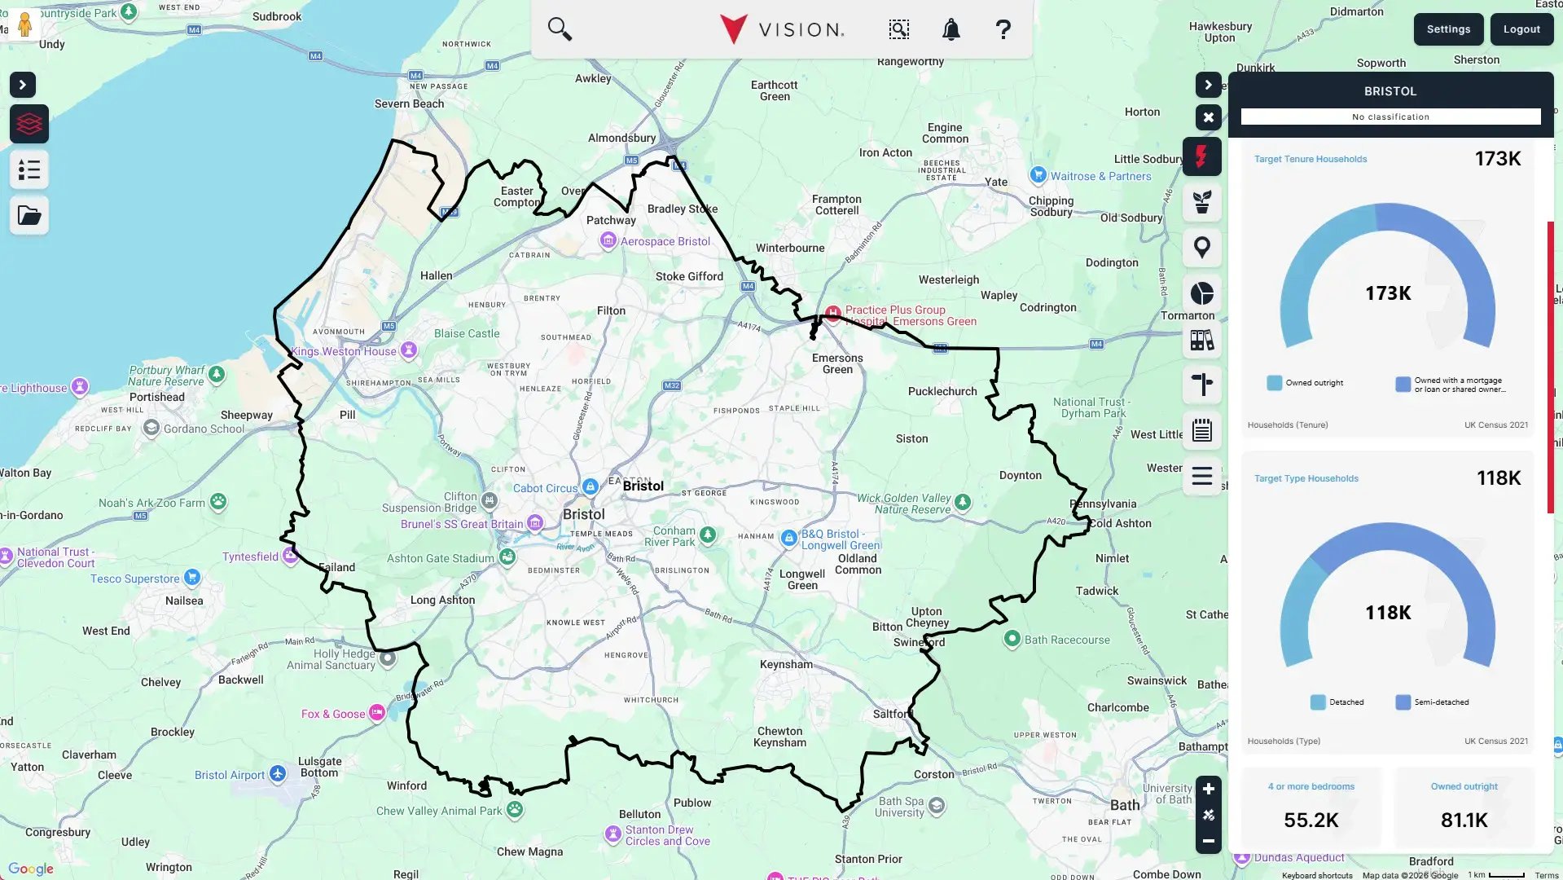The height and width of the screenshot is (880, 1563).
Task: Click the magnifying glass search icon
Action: (560, 29)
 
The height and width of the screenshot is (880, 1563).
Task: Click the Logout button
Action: (1521, 29)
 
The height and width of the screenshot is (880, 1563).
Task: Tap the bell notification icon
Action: (951, 30)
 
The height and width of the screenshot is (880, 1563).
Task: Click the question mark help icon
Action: (1003, 30)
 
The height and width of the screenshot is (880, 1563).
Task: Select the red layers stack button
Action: (29, 124)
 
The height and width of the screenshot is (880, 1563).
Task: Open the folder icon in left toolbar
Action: (29, 216)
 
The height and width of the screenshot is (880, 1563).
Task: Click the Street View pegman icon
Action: (24, 24)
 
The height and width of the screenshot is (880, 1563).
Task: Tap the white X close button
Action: (1208, 117)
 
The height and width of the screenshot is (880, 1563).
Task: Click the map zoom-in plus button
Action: (1208, 789)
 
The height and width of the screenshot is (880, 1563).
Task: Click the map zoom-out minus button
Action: (1208, 841)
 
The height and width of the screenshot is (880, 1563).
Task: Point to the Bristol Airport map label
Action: (230, 775)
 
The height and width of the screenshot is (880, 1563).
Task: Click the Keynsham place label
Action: (785, 664)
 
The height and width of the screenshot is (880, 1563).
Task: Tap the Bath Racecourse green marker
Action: (1012, 639)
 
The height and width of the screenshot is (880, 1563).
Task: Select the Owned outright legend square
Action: (1274, 383)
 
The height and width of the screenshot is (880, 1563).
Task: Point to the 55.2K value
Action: (1311, 820)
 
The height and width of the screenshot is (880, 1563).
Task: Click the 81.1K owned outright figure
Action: (1464, 820)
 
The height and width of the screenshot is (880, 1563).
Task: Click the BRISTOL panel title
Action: (1390, 91)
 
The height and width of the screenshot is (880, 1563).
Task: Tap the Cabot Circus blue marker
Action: (591, 486)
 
